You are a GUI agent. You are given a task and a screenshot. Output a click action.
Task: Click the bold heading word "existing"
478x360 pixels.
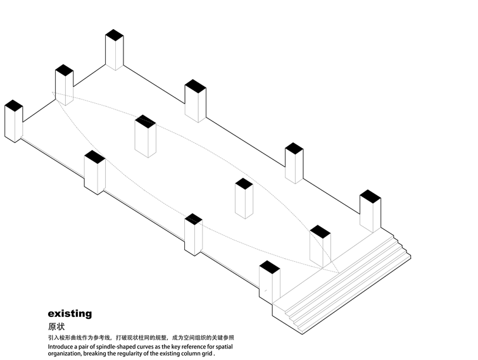70,314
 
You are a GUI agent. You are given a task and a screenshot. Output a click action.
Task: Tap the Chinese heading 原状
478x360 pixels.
56,327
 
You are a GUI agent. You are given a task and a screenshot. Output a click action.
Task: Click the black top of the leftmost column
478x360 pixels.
14,106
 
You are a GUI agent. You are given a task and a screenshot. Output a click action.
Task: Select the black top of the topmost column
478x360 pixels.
115,35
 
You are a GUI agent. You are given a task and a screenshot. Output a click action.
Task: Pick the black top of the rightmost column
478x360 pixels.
370,196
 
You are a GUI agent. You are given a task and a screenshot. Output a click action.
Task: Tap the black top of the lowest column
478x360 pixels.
270,267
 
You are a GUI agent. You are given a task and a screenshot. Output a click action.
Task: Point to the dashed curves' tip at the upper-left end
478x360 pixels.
52,92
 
